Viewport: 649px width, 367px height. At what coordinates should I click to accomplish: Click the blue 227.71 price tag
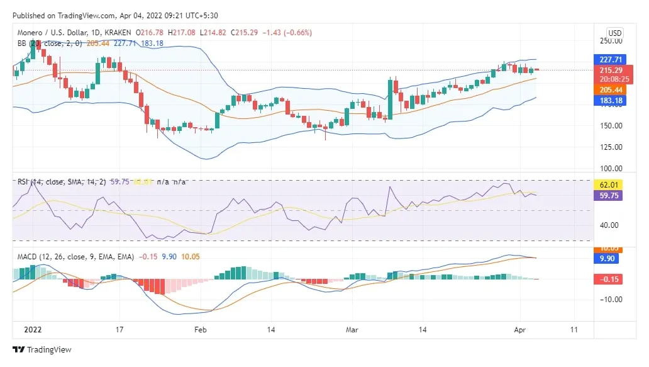(609, 60)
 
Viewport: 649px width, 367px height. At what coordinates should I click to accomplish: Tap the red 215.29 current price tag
(609, 71)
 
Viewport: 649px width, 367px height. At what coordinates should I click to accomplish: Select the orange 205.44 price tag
(609, 90)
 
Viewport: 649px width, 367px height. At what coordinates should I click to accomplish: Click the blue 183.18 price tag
(609, 101)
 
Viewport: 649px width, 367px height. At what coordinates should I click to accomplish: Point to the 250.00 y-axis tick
(612, 41)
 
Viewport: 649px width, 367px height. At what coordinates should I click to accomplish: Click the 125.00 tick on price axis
(612, 147)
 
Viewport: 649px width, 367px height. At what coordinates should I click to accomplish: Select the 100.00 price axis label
(612, 169)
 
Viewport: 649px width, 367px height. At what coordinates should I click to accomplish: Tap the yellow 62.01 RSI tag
(609, 185)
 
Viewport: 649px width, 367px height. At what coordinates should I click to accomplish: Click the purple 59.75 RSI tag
(609, 196)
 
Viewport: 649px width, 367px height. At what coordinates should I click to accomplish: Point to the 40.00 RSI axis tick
(612, 225)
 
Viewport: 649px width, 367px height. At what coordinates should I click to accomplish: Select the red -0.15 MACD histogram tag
(609, 279)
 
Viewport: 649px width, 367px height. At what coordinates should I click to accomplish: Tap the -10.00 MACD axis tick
(612, 299)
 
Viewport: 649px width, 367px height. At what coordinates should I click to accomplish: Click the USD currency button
(614, 33)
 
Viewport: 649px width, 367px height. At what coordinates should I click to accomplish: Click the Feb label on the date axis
(200, 329)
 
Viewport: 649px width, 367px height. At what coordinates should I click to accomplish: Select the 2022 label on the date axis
(32, 329)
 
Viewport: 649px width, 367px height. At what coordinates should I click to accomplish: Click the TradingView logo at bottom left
(42, 350)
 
